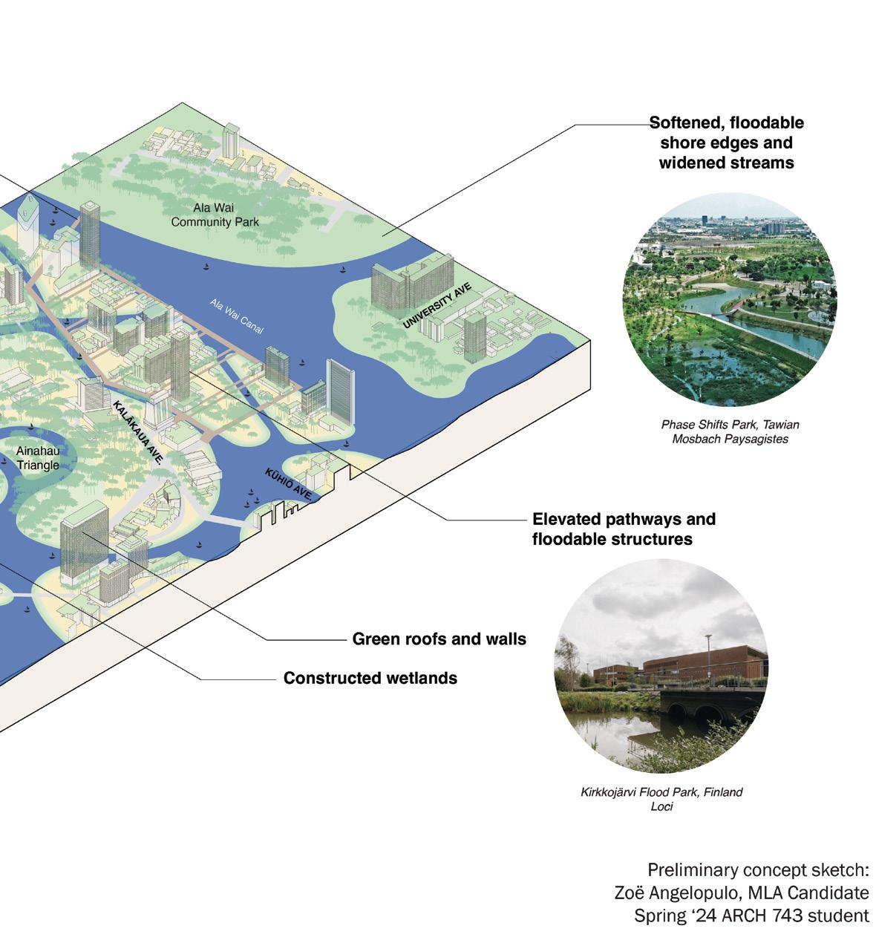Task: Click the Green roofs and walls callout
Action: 439,639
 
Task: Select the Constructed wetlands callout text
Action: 370,678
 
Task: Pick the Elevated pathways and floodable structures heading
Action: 624,529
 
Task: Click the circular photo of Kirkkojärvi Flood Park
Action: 661,665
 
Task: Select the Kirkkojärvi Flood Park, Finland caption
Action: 661,792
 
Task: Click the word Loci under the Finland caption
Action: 661,806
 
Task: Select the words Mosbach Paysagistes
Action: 730,439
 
